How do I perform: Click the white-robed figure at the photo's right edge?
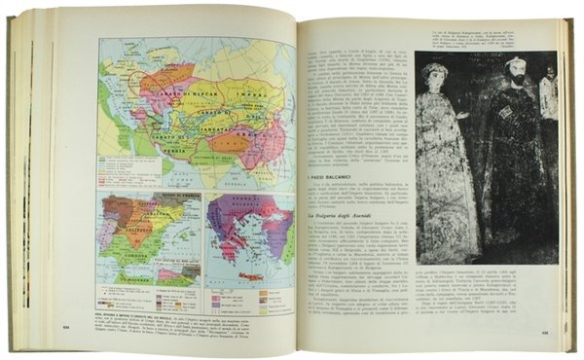tap(550, 117)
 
